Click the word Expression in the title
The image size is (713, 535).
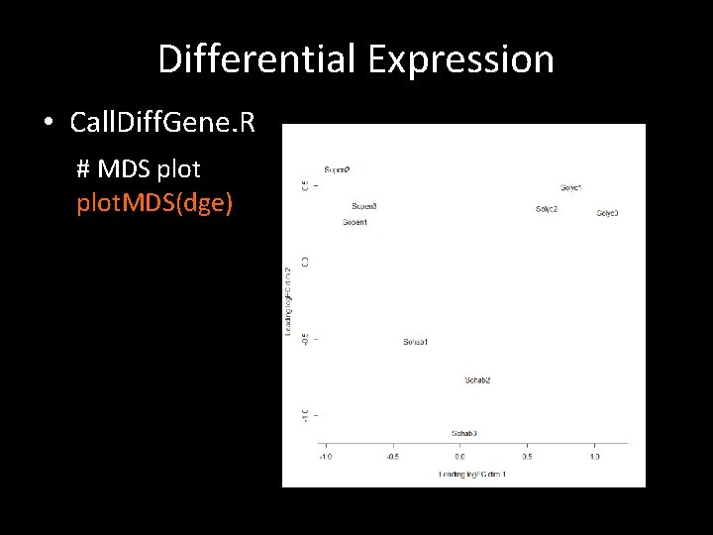coord(461,59)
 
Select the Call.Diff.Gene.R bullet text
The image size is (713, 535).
coord(162,123)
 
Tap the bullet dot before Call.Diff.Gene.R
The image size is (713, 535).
coord(48,123)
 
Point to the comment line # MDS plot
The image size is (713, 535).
coord(139,168)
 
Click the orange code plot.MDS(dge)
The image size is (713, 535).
coord(154,203)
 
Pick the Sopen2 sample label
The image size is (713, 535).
coord(337,169)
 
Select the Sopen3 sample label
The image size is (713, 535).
coord(364,206)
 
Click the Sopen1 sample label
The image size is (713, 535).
coord(355,222)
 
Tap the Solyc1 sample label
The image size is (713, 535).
coord(571,187)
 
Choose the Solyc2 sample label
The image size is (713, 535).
coord(547,209)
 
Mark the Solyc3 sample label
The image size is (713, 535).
coord(607,213)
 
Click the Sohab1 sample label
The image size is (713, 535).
coord(415,342)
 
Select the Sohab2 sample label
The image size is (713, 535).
coord(477,380)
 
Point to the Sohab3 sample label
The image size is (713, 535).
coord(463,433)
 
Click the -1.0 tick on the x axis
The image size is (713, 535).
coord(325,457)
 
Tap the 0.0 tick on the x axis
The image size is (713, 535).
coord(459,457)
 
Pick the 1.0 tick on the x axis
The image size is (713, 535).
coord(594,457)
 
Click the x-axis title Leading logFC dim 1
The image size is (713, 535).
coord(472,475)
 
